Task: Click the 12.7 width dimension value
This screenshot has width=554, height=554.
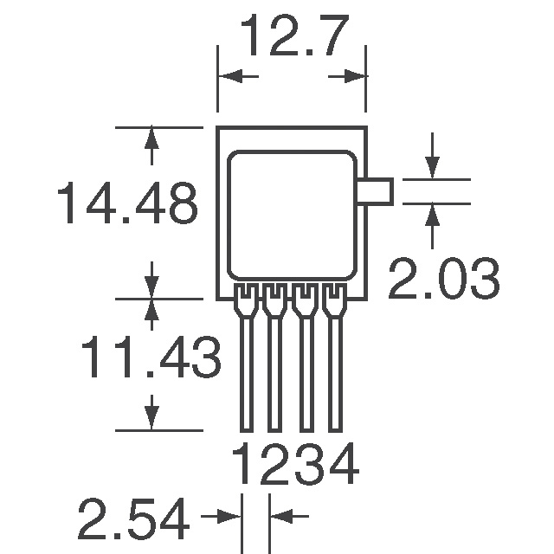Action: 294,35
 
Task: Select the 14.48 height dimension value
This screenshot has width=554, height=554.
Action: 127,203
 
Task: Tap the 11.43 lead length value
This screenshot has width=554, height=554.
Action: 151,357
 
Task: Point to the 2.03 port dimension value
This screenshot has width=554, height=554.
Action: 444,279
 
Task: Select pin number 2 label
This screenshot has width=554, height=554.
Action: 274,464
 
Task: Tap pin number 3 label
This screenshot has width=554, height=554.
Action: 310,464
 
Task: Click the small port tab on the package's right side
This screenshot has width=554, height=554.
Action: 380,191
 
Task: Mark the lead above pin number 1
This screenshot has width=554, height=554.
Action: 246,358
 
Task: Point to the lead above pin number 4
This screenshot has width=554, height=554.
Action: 335,358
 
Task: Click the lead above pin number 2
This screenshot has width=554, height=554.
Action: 275,358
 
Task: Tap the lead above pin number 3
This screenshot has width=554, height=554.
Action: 306,358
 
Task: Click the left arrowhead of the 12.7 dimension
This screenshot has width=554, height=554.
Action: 230,76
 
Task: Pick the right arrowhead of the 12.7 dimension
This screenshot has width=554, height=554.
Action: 354,76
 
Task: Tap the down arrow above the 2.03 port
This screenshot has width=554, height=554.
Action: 433,167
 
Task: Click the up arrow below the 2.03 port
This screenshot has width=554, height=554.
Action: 433,216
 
